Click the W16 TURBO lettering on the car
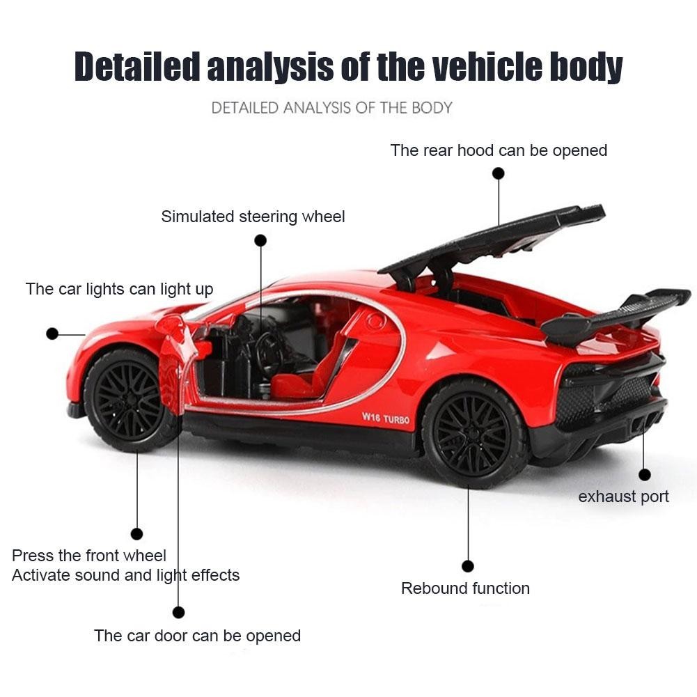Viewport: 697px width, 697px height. click(385, 419)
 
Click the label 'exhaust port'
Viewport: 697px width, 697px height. click(623, 496)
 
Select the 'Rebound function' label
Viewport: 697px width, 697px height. click(465, 588)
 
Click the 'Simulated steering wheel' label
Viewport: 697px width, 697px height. click(253, 217)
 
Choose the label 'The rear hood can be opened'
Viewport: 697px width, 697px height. click(499, 150)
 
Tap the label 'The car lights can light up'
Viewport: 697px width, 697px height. click(119, 289)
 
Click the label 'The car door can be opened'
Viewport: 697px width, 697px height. click(197, 636)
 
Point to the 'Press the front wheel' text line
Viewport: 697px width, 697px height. click(89, 556)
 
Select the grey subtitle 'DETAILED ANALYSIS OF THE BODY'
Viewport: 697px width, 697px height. click(331, 108)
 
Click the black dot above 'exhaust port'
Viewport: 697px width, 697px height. click(644, 475)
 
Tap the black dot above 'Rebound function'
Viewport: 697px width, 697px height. click(468, 566)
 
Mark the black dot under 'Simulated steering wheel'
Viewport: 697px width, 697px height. click(260, 240)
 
